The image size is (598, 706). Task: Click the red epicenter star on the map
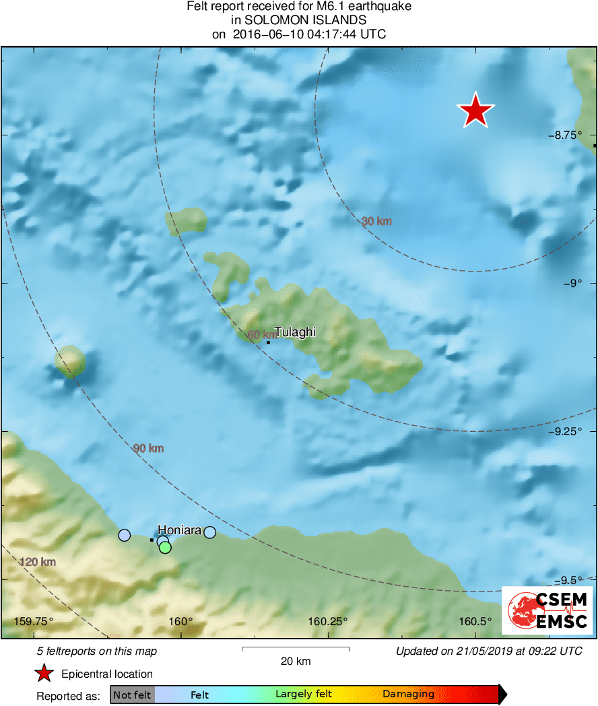[475, 110]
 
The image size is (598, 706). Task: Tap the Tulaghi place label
[295, 332]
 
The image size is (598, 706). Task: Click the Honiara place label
[180, 529]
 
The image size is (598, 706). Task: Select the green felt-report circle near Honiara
[165, 548]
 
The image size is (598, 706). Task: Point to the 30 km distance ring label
[376, 221]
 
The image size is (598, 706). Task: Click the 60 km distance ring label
[261, 335]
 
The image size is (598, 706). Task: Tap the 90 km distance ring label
[148, 448]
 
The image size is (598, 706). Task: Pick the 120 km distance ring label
[37, 562]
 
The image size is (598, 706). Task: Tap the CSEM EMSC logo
[547, 609]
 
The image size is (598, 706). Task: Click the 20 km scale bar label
[296, 661]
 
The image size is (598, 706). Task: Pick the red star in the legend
[44, 673]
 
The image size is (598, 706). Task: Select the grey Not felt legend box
[132, 694]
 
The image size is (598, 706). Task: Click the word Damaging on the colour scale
[408, 694]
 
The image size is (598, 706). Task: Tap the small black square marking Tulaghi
[268, 342]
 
